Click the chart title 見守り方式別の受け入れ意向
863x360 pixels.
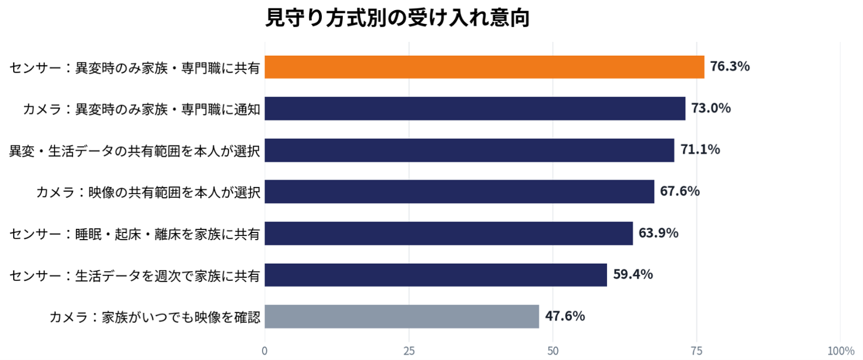pos(397,18)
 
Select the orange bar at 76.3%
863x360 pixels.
pos(484,67)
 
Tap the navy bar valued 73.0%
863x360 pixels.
pos(475,108)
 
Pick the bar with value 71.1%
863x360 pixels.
pos(469,150)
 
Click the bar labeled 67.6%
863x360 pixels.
pos(459,191)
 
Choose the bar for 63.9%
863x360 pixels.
pos(449,234)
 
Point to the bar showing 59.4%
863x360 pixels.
pos(436,275)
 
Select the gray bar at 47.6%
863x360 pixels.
pos(402,316)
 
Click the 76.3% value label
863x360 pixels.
pos(730,66)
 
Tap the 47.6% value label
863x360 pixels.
pos(565,316)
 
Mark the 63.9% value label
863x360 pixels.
pos(659,233)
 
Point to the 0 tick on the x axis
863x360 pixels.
pos(265,351)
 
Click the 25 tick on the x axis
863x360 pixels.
pos(409,351)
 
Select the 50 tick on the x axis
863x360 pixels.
pos(553,351)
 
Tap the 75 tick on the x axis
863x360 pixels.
pos(697,351)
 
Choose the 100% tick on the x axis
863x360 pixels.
pos(841,351)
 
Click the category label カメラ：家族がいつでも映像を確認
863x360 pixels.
pos(155,317)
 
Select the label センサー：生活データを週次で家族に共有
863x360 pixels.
pos(134,276)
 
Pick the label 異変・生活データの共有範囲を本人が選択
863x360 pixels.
pos(134,151)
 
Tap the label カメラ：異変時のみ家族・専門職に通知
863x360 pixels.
pos(141,110)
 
